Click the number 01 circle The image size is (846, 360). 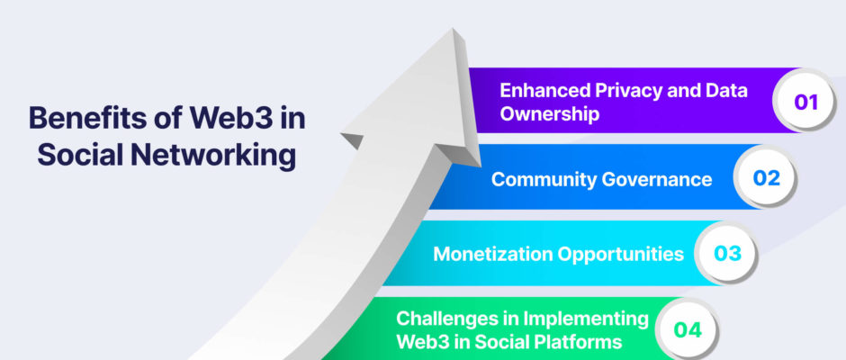coord(805,101)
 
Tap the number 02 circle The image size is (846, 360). coord(766,177)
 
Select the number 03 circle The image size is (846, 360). coord(727,254)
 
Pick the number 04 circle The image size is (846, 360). coord(688,329)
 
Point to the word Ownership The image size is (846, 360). coord(549,114)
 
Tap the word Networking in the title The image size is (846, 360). coord(213,156)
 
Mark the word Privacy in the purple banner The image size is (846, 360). coord(628,91)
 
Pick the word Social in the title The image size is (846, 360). coord(81,156)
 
